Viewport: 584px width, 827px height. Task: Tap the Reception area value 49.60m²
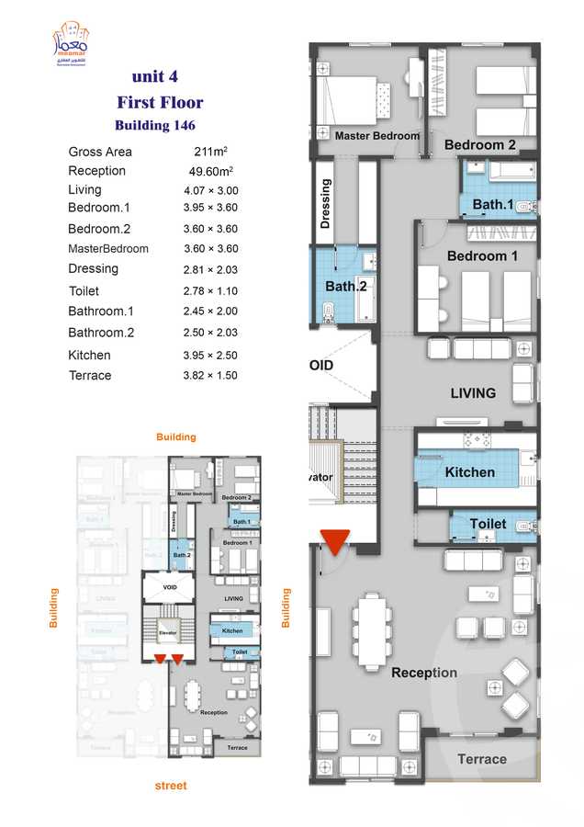(209, 171)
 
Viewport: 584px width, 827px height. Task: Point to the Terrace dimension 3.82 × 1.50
(210, 376)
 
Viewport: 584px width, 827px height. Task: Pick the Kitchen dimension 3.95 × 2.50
(210, 356)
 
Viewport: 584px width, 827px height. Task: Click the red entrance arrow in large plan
(335, 542)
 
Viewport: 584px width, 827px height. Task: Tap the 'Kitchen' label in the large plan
(470, 472)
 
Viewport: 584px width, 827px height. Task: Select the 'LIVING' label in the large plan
(473, 393)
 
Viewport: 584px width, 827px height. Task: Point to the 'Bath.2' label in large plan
(346, 287)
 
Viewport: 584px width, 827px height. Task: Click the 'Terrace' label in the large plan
(481, 759)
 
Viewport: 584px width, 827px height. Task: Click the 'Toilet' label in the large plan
(488, 524)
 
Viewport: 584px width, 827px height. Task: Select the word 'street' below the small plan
(171, 786)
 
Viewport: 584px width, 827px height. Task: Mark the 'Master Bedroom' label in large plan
(376, 135)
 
